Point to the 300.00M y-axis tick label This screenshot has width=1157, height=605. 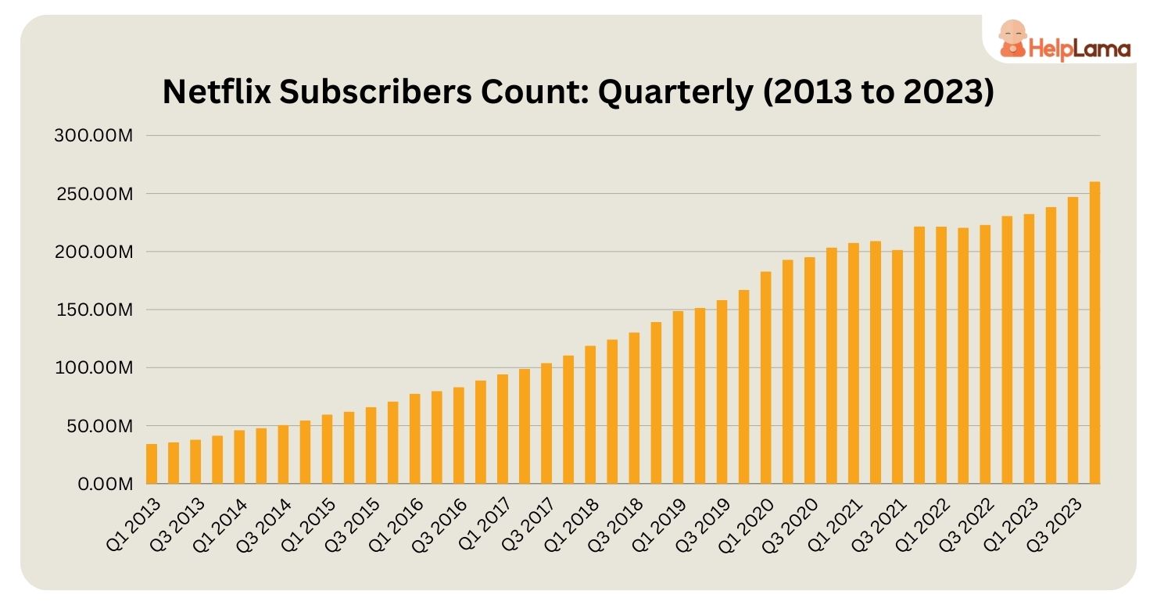click(95, 136)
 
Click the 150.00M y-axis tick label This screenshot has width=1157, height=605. click(95, 310)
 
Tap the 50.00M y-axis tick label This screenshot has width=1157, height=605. click(99, 426)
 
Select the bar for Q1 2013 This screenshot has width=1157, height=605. click(152, 464)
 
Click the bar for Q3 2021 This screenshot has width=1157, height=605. click(897, 367)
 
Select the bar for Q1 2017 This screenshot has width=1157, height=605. click(503, 429)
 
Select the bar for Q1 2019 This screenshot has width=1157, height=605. click(678, 398)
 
